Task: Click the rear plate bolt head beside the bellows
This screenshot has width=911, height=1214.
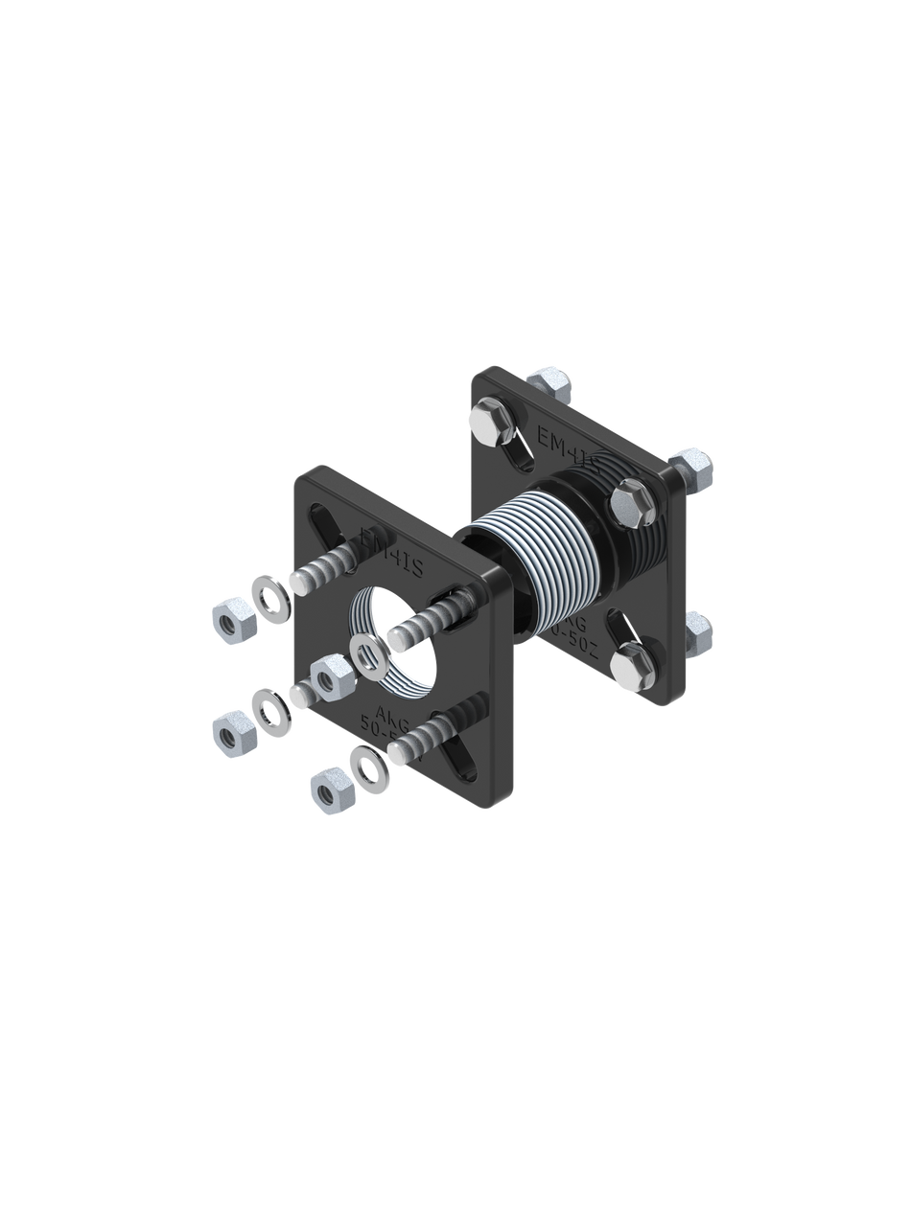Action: point(630,499)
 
